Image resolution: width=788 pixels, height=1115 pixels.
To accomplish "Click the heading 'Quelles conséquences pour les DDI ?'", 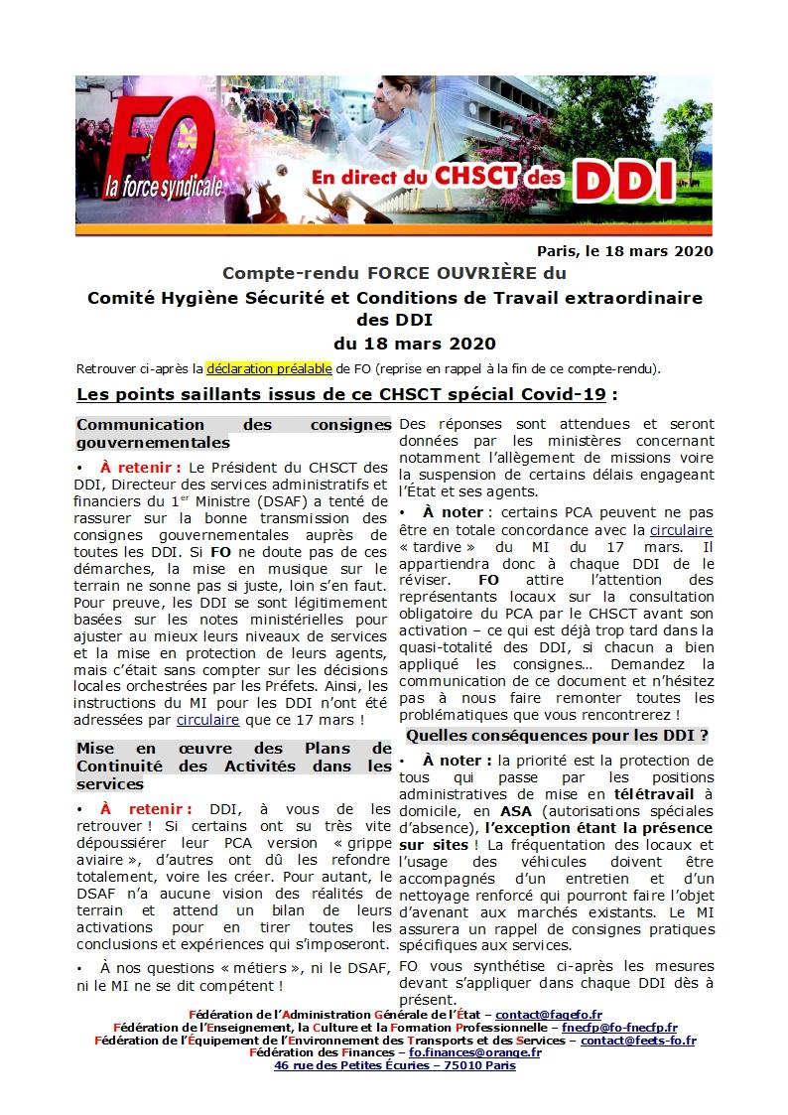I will point(557,736).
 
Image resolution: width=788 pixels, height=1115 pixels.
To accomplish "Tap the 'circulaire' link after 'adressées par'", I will point(207,718).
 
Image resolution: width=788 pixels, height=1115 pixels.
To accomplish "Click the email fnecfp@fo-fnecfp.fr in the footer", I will point(619,1027).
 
